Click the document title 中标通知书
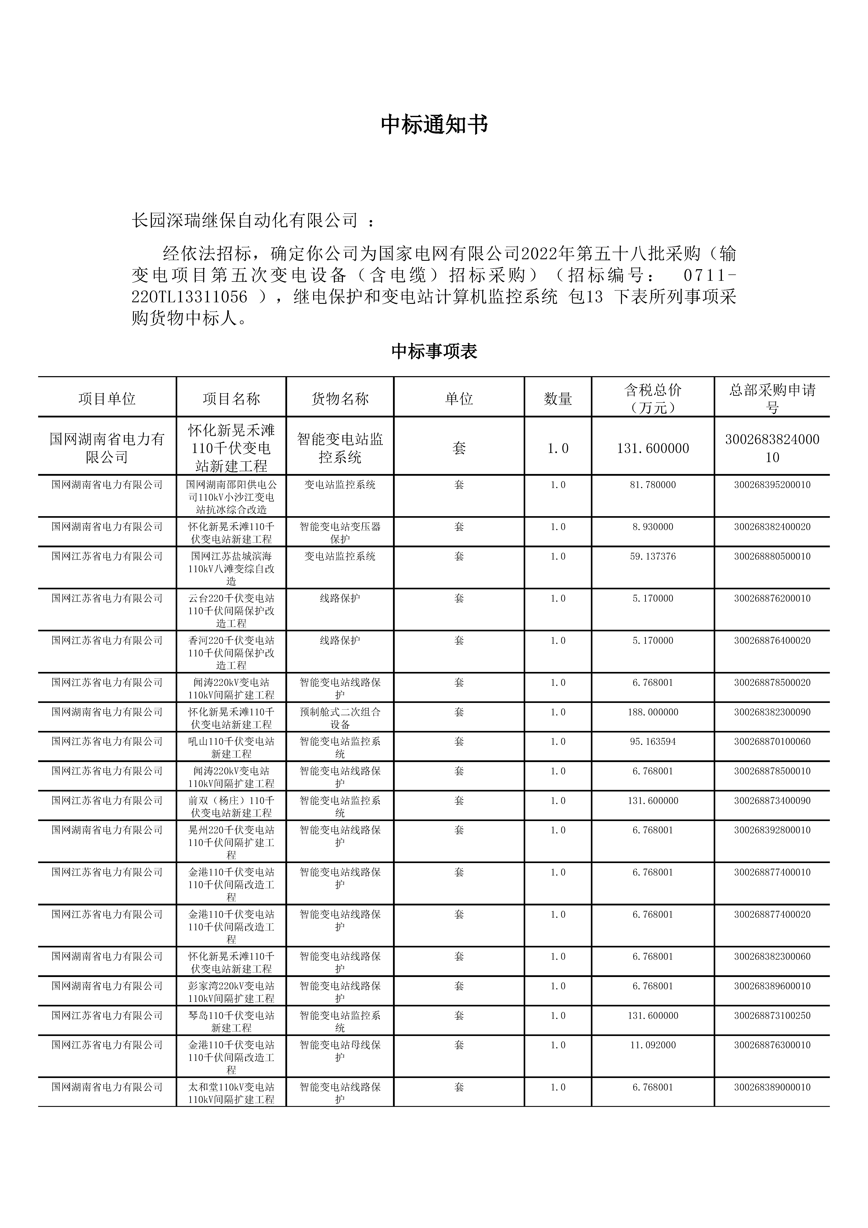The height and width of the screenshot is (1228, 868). pos(434,125)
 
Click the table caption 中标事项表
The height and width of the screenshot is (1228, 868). pos(434,351)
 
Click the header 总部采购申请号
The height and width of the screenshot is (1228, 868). pos(772,399)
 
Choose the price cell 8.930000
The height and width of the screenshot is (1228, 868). pos(652,527)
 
